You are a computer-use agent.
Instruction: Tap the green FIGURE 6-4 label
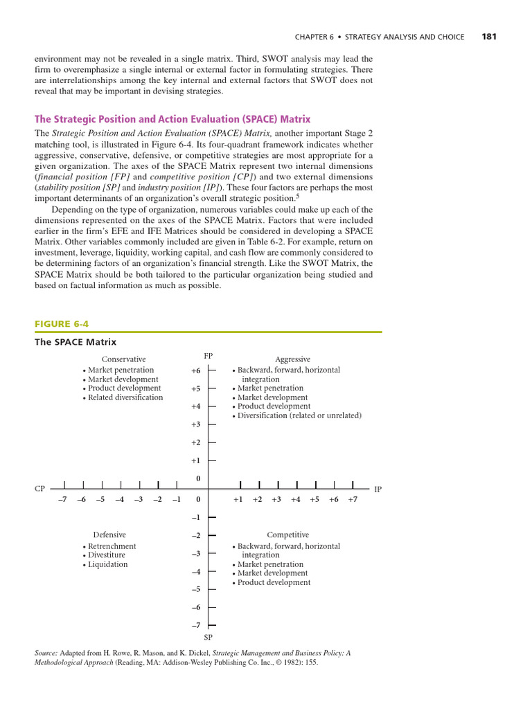pyautogui.click(x=62, y=323)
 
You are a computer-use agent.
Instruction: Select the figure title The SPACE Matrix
pyautogui.click(x=76, y=342)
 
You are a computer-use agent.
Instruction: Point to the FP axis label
pyautogui.click(x=208, y=356)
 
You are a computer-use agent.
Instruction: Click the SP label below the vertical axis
pyautogui.click(x=208, y=636)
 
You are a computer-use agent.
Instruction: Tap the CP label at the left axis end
pyautogui.click(x=39, y=489)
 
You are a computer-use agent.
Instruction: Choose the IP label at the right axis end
pyautogui.click(x=378, y=489)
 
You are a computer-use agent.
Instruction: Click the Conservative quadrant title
pyautogui.click(x=124, y=359)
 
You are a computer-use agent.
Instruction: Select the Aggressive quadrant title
pyautogui.click(x=292, y=359)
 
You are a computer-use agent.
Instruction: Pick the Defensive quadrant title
pyautogui.click(x=109, y=535)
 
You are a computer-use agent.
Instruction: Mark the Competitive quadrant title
pyautogui.click(x=288, y=535)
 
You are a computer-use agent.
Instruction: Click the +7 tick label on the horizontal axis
pyautogui.click(x=353, y=499)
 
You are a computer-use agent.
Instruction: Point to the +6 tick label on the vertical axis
pyautogui.click(x=195, y=370)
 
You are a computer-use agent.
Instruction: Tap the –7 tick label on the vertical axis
pyautogui.click(x=195, y=625)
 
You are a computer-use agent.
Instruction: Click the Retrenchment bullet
pyautogui.click(x=112, y=546)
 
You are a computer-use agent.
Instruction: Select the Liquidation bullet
pyautogui.click(x=107, y=564)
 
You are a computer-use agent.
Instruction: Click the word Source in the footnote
pyautogui.click(x=46, y=652)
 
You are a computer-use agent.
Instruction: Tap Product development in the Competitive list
pyautogui.click(x=274, y=582)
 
